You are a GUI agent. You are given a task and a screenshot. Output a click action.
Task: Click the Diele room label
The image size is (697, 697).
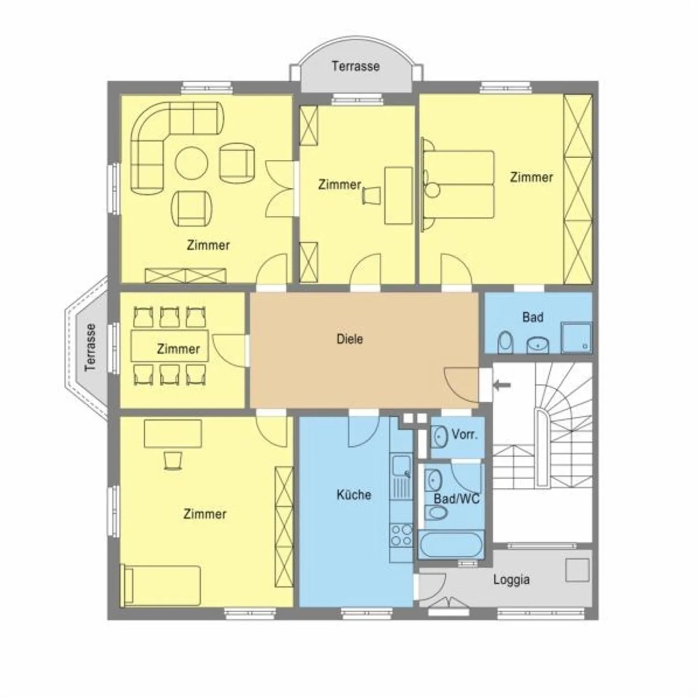(x=349, y=339)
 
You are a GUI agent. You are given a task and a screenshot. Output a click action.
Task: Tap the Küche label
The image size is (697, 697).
(x=354, y=495)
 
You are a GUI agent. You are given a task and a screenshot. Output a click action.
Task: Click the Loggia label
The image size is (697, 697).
(x=511, y=579)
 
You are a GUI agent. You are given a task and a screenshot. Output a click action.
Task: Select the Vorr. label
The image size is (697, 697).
(x=464, y=434)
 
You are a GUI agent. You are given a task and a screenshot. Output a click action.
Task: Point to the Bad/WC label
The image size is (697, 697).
(x=456, y=498)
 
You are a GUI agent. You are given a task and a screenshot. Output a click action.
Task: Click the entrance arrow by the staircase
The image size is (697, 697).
(x=502, y=385)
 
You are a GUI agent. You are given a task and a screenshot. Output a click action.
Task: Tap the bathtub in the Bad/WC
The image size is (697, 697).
(x=451, y=545)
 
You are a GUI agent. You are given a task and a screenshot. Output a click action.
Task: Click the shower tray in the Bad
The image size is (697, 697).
(x=576, y=337)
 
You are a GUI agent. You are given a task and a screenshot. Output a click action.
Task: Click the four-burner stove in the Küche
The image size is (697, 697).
(x=401, y=535)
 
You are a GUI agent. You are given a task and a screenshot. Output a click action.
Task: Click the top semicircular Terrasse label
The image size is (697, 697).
(x=355, y=66)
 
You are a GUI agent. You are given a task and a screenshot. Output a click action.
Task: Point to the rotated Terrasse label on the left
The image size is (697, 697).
(x=91, y=347)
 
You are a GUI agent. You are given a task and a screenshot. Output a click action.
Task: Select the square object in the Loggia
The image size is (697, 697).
(x=577, y=570)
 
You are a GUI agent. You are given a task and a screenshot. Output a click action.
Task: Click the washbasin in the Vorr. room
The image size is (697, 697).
(x=439, y=436)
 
